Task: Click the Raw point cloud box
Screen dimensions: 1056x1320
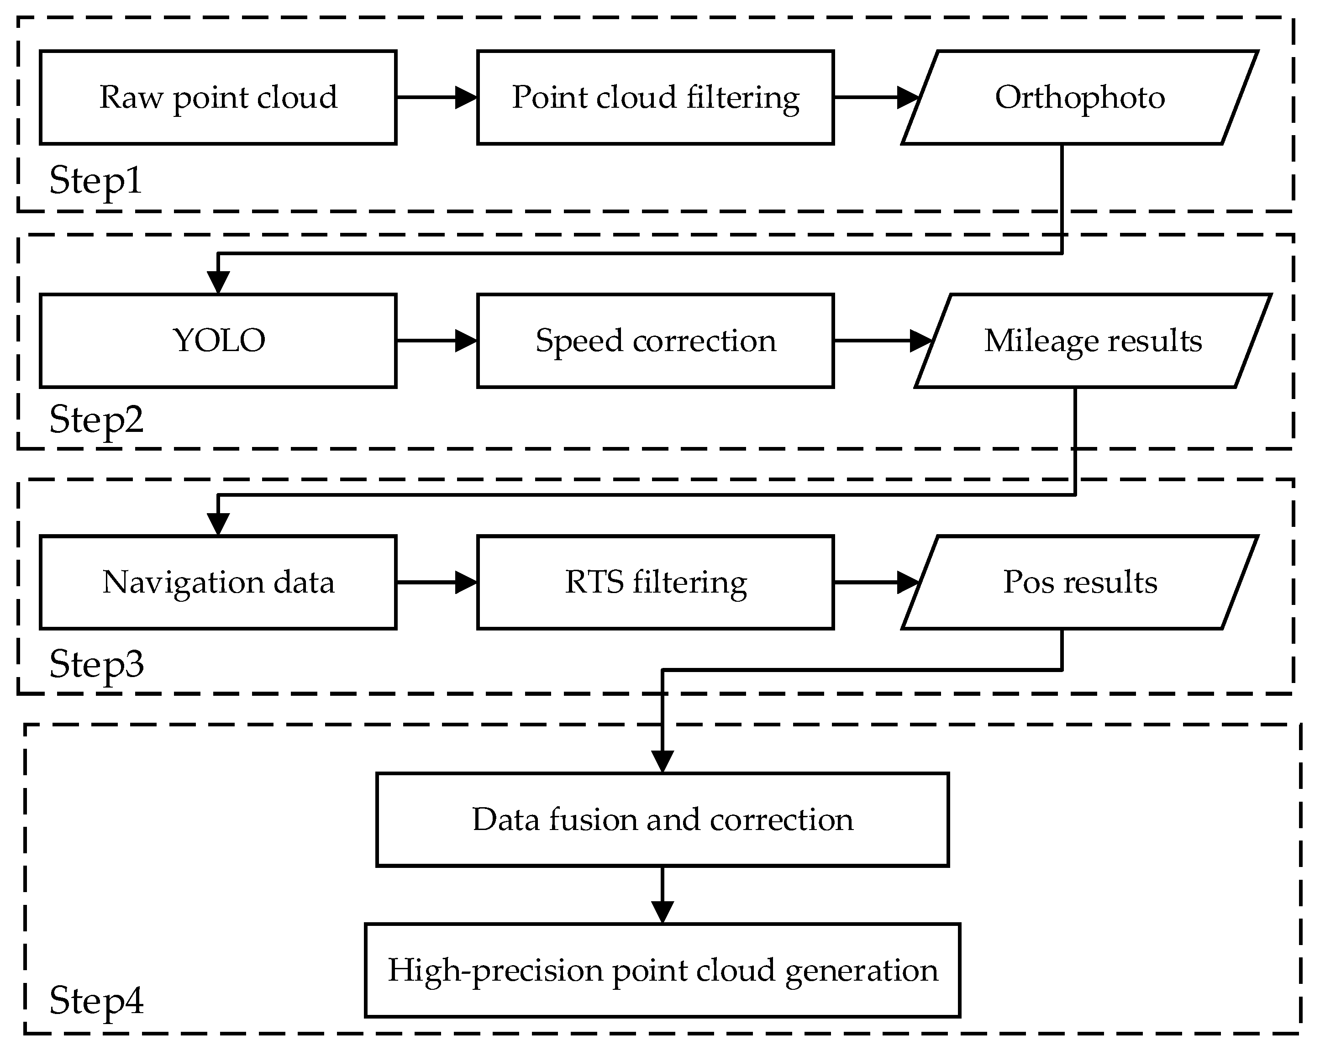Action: pos(218,97)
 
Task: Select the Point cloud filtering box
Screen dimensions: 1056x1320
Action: pos(655,97)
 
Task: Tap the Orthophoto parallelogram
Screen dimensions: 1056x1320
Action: pos(1079,97)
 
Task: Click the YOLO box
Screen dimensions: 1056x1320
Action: pos(218,341)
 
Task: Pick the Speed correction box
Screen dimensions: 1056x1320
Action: pos(655,341)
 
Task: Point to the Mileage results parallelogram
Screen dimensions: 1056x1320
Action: pos(1093,341)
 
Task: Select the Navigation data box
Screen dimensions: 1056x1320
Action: pos(218,582)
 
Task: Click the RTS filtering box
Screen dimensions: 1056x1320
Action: pos(655,582)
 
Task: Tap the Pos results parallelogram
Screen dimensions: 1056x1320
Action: pos(1079,582)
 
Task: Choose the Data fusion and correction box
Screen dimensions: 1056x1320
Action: pos(663,820)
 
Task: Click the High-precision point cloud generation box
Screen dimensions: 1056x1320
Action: pos(663,970)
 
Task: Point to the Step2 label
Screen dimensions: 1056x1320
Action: pos(96,420)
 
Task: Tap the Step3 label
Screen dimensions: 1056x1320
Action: pos(96,664)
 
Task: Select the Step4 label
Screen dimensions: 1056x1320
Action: pos(96,1000)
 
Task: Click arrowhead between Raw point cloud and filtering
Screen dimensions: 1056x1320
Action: pos(467,97)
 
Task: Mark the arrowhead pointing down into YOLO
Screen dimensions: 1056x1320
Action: pos(218,282)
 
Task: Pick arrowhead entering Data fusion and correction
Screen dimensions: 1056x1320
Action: pos(663,762)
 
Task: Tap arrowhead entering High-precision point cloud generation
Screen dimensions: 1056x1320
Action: pos(663,912)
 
